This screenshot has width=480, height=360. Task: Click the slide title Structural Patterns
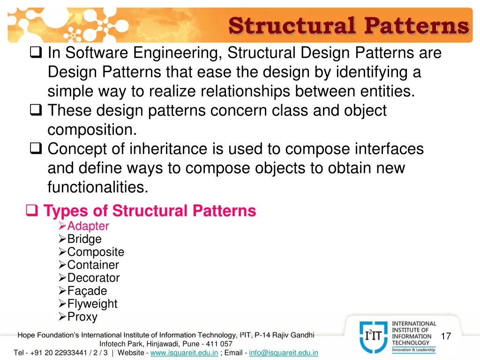(348, 25)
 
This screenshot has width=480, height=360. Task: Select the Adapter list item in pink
(88, 226)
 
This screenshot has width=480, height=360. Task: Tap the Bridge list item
(84, 239)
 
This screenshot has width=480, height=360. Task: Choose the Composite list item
(96, 252)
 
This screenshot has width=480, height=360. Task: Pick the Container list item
(93, 265)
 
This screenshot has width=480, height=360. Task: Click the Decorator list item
(93, 278)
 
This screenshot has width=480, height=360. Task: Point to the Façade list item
(87, 291)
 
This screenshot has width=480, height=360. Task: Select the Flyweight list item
(92, 304)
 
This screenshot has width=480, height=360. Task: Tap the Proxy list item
(82, 317)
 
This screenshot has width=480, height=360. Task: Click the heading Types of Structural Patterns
(150, 211)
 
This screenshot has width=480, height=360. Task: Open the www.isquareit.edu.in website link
(184, 352)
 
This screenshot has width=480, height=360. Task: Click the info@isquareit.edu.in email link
(284, 352)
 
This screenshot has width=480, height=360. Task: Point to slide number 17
(446, 336)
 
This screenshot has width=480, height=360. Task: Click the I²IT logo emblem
(374, 337)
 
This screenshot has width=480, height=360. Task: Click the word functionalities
(97, 187)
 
